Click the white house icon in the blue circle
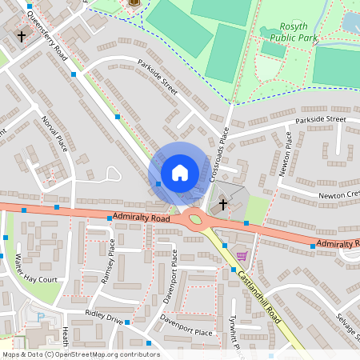[179, 172]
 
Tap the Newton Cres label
[339, 194]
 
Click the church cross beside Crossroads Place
[222, 205]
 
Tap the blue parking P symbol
[41, 317]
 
